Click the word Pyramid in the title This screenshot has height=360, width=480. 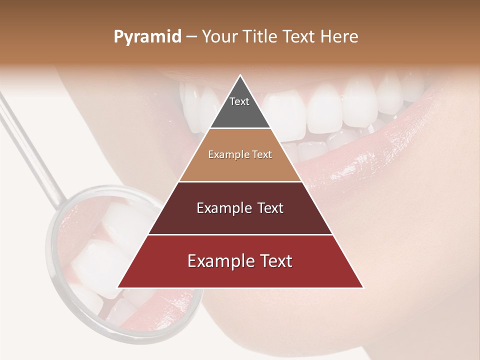point(147,37)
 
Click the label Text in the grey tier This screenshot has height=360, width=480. point(239,101)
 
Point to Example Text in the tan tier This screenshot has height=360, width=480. point(240,154)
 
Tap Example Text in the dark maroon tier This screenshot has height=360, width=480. point(240,208)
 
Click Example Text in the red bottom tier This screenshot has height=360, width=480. point(240,261)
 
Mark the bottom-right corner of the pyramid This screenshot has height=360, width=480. point(363,287)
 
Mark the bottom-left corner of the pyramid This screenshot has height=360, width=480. point(117,287)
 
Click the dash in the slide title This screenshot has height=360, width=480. point(191,37)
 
